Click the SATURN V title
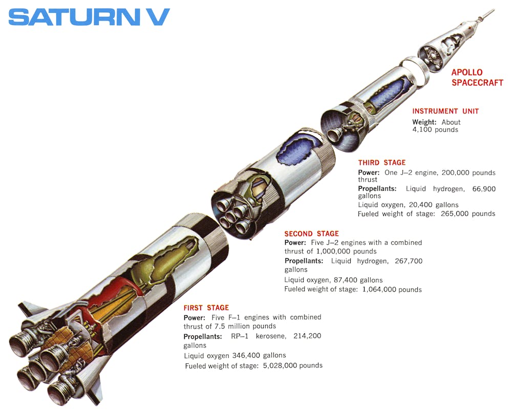point(89,17)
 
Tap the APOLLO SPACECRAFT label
point(477,78)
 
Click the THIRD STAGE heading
point(381,163)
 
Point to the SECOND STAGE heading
point(311,234)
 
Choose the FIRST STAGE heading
point(206,308)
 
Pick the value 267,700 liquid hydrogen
point(409,261)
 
